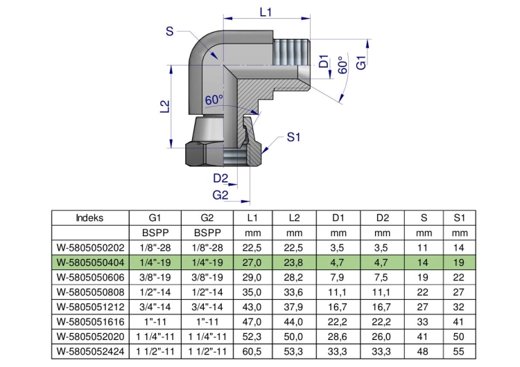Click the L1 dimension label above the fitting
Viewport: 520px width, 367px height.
click(x=266, y=12)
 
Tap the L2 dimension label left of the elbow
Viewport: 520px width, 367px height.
click(x=165, y=107)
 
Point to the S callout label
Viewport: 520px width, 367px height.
click(x=169, y=31)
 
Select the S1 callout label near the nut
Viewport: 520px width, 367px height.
click(x=293, y=137)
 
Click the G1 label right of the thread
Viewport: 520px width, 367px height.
click(x=361, y=62)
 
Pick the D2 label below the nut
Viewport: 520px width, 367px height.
click(x=220, y=179)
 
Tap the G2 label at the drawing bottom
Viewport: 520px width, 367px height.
click(x=220, y=195)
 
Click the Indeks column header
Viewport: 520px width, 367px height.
click(x=89, y=218)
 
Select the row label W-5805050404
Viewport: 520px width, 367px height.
click(x=90, y=262)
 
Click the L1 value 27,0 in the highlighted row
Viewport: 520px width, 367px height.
click(x=252, y=262)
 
